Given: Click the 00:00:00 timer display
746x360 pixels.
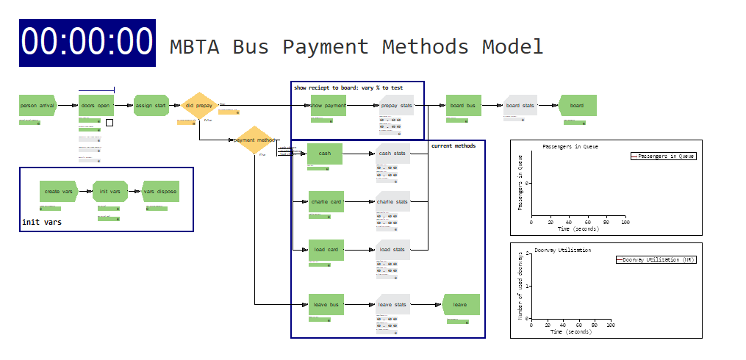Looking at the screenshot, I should (x=87, y=43).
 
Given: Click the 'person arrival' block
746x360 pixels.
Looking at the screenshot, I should (x=37, y=106).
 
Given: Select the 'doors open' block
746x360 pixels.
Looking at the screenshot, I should (x=96, y=106).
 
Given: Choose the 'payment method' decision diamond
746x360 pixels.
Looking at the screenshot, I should (x=254, y=140).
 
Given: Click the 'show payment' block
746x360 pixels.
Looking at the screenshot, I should (x=328, y=106).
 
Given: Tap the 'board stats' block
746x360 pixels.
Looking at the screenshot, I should (x=520, y=106).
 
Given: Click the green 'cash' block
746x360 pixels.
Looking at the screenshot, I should (x=325, y=154).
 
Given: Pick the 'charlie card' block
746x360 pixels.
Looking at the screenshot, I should (x=326, y=201).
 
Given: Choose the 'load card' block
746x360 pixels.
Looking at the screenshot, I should (x=326, y=250).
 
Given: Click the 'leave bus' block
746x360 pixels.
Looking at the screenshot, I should (x=326, y=304).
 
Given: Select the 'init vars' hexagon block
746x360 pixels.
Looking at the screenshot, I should (x=110, y=192).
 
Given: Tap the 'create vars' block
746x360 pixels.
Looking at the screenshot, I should (x=58, y=192).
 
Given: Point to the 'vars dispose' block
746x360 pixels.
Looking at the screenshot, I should (x=160, y=192).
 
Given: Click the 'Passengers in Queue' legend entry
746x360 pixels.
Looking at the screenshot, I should (x=663, y=156).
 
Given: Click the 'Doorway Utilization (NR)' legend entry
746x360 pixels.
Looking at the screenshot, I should (x=656, y=259).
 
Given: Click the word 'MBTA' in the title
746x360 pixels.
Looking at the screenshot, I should (x=194, y=47).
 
